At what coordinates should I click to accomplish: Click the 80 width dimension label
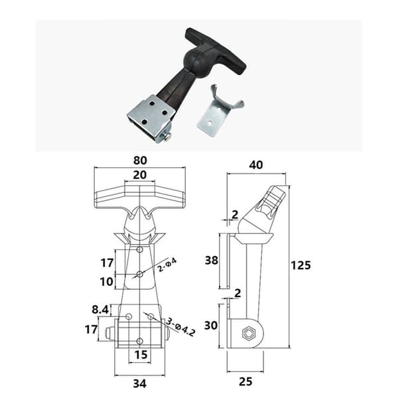pos(140,161)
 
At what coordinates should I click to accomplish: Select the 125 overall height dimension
pos(300,265)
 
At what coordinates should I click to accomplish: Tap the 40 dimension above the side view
pos(256,165)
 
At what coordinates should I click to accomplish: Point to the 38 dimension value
pos(212,261)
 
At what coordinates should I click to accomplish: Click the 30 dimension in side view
pos(211,325)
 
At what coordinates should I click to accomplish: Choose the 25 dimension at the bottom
pos(245,382)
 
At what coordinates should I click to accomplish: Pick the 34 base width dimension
pos(140,383)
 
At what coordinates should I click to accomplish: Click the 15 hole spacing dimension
pos(141,355)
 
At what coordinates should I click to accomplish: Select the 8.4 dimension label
pos(100,310)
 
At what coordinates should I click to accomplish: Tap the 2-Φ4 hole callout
pos(167,265)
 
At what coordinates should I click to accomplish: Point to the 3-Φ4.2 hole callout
pos(180,327)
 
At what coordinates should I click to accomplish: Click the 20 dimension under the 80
pos(140,175)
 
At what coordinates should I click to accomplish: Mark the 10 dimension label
pos(106,282)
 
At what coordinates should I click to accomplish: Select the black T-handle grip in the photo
pos(216,51)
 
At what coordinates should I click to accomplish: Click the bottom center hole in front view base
pos(140,341)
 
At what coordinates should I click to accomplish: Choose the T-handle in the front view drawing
pos(140,198)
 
